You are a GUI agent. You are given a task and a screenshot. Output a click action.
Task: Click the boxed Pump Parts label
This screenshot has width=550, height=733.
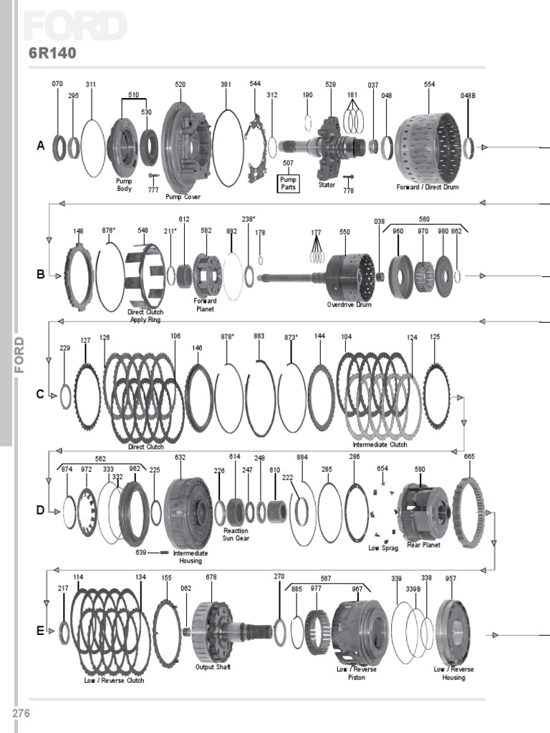point(288,183)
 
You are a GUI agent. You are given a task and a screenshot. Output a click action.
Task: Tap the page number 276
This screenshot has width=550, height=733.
point(19,713)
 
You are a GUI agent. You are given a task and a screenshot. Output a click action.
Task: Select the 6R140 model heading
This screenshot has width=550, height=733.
point(52,53)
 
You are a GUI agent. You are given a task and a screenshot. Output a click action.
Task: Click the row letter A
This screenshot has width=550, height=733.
point(41,146)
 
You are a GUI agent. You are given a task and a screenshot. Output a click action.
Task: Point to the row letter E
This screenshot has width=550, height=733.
point(40,631)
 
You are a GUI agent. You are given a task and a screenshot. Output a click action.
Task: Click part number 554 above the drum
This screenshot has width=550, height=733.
point(429,84)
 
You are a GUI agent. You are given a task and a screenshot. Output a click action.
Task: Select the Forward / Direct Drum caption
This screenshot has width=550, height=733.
point(428,188)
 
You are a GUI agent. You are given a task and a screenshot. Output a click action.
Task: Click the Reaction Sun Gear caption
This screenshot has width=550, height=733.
point(236,534)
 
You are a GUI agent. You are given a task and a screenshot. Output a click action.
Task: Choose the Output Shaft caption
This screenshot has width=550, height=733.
point(213,667)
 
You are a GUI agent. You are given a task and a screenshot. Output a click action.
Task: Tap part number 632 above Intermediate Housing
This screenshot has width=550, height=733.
point(180,457)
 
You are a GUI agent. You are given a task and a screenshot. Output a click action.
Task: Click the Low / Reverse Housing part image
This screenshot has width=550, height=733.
point(453,631)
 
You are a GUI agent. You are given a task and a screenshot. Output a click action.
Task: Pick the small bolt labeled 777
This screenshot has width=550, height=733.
point(153,175)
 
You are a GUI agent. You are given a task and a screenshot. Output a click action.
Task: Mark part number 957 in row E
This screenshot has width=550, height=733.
point(450,578)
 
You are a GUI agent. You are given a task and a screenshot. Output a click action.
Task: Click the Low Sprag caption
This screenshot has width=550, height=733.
point(383,548)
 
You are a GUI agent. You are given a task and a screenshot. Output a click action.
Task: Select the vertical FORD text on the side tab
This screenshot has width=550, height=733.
point(19,354)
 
